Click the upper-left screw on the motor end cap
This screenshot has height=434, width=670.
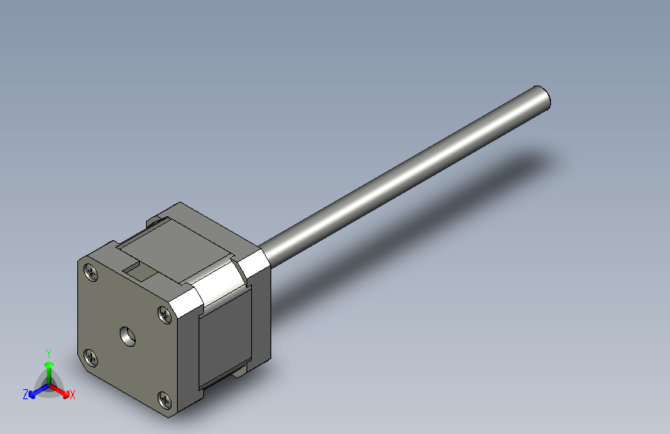(x=93, y=272)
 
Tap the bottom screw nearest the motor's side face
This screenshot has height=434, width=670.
(x=165, y=398)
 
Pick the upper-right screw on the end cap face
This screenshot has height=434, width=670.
(x=165, y=314)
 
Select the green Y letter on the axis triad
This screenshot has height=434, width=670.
(x=49, y=351)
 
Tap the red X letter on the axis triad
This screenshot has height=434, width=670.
(x=73, y=395)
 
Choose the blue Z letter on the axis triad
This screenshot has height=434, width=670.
(x=26, y=395)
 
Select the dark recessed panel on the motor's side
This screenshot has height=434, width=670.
(x=226, y=336)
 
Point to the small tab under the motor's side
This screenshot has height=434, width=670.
(x=237, y=374)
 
